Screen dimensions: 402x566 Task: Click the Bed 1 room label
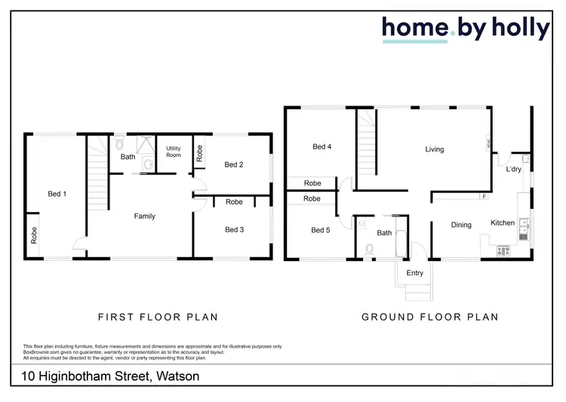[57, 194]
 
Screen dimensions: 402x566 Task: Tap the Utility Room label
[174, 151]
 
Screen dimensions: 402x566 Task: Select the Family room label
[144, 216]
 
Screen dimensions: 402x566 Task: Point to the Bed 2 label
[234, 164]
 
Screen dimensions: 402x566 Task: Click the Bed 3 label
[234, 229]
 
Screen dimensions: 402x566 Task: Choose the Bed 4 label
[322, 147]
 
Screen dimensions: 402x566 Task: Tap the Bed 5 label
[320, 230]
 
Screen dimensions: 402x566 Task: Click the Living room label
[435, 149]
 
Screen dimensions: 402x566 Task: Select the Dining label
[461, 225]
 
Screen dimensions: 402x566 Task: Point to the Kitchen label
[503, 223]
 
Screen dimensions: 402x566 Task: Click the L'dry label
[513, 170]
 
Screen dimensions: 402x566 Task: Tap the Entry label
[414, 273]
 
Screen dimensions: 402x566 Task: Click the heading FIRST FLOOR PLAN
[158, 317]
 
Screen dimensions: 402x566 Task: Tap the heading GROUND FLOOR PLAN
[430, 317]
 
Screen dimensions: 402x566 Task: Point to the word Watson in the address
[176, 376]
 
